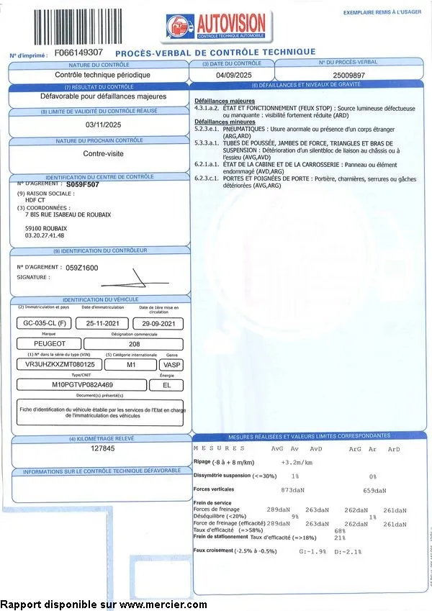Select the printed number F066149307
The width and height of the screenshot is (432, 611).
(78, 53)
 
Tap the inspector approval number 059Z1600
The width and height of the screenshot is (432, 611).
(82, 267)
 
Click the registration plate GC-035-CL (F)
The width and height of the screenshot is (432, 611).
(45, 324)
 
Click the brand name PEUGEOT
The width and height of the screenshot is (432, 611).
(50, 344)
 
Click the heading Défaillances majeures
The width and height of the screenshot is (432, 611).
(219, 101)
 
